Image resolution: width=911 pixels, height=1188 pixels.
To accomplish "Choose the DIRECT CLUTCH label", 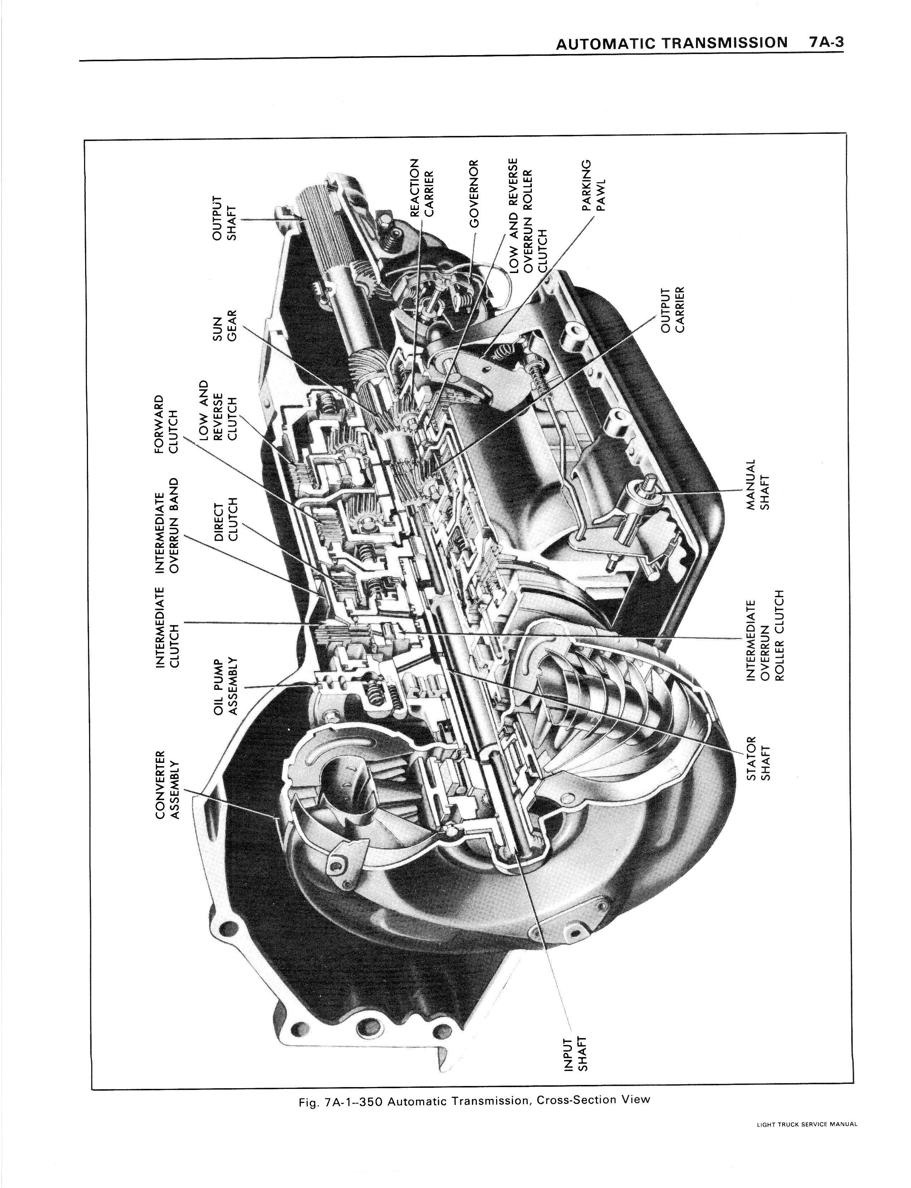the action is click(226, 521).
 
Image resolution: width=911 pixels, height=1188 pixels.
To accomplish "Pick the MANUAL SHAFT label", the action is click(758, 485).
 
